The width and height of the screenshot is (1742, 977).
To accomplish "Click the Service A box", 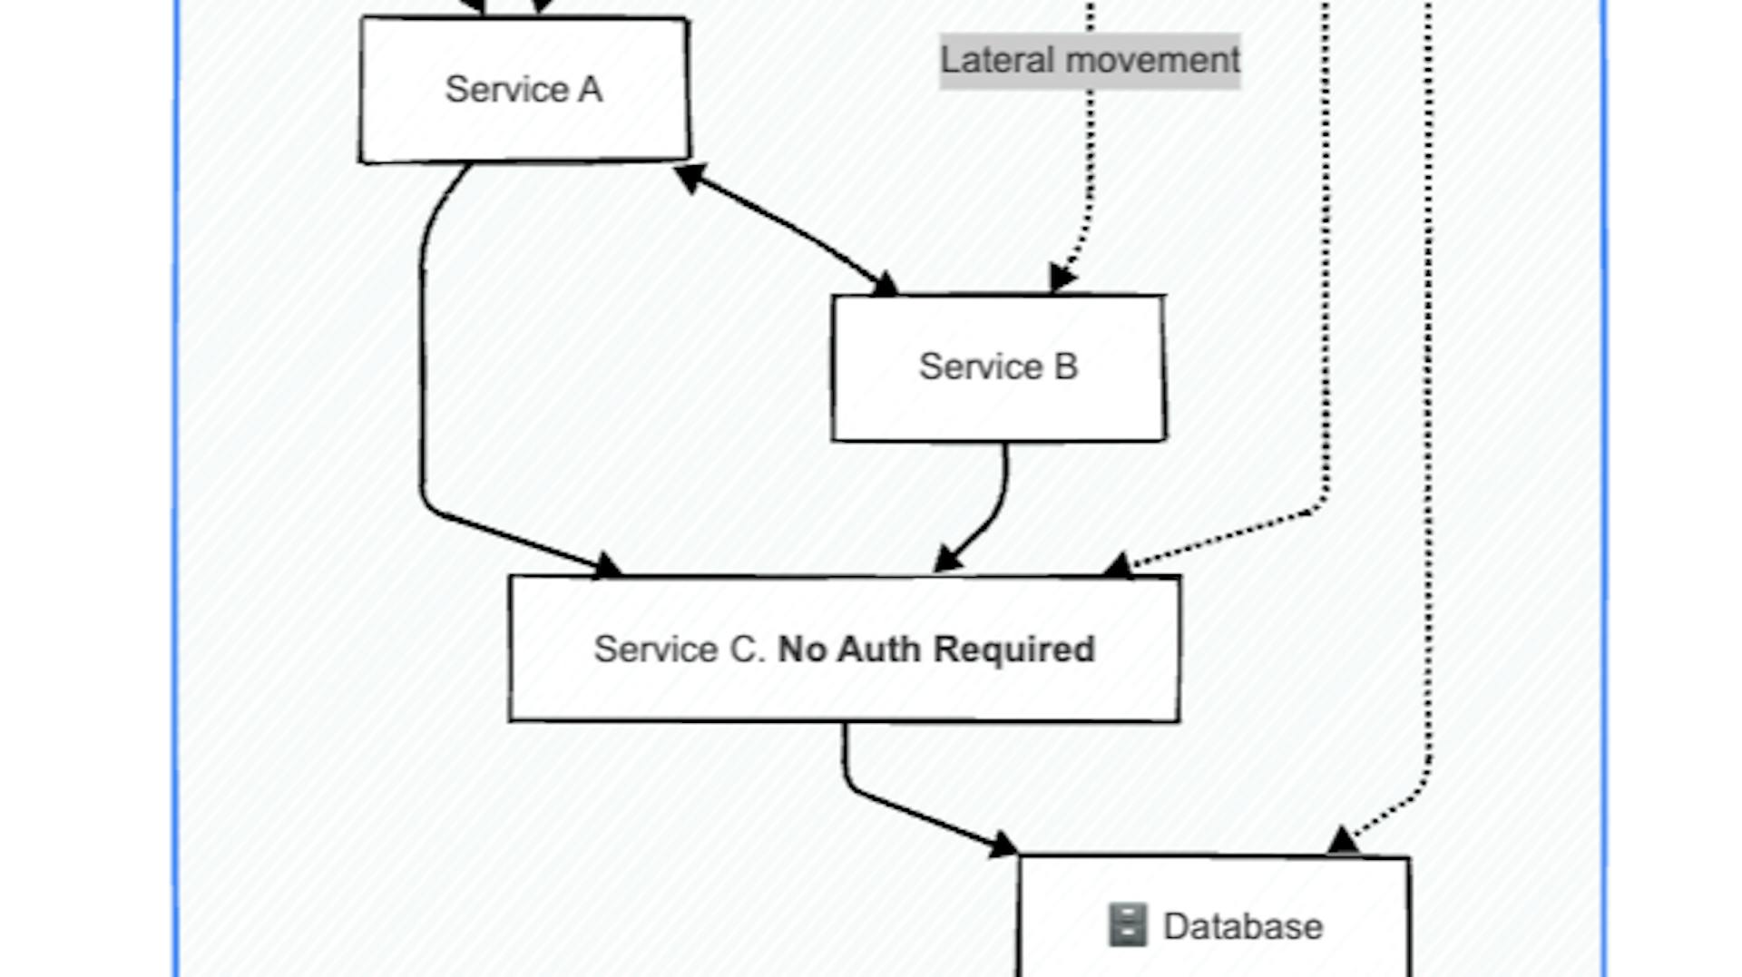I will tap(524, 89).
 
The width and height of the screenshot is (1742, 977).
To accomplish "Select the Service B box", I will tap(998, 367).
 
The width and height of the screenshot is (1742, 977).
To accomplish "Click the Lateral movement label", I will tap(1089, 61).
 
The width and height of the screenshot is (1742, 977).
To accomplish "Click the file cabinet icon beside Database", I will tap(1128, 925).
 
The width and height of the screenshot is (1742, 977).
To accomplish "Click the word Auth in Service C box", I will tap(878, 650).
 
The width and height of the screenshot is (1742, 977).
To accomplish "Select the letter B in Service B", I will tap(1065, 367).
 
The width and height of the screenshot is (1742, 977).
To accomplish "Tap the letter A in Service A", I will tap(590, 89).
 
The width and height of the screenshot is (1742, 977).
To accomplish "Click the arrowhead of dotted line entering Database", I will tap(1343, 841).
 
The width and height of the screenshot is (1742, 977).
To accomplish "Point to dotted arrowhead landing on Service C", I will tap(1118, 566).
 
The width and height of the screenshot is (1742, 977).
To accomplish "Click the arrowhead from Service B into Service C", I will tap(946, 560).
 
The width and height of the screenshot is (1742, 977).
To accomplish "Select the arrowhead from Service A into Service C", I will tap(608, 566).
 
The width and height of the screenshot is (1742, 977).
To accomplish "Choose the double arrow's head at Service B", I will tap(884, 284).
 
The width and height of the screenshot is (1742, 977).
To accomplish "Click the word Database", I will tap(1242, 926).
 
